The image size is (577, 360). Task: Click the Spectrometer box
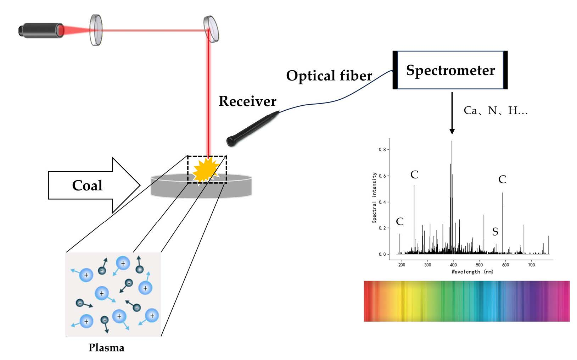point(450,70)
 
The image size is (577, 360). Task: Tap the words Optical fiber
point(329,76)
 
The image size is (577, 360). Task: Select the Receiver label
point(247,101)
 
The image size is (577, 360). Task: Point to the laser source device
point(41,30)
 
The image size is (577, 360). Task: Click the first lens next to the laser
point(96,30)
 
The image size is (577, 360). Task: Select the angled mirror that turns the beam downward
point(211,29)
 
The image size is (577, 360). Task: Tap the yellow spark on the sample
point(205,170)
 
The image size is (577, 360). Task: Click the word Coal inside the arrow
point(87,185)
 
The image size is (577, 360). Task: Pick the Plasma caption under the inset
point(106,348)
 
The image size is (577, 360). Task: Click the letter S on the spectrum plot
point(495,232)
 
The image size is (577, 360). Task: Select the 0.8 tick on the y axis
point(382,150)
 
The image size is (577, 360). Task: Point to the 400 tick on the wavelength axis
point(453,265)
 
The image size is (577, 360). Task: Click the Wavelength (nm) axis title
point(472,272)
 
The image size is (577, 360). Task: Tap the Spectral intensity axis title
point(374,198)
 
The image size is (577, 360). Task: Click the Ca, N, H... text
point(495,111)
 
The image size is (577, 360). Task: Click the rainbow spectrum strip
point(466,301)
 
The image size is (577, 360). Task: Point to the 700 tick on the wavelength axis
point(531,265)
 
